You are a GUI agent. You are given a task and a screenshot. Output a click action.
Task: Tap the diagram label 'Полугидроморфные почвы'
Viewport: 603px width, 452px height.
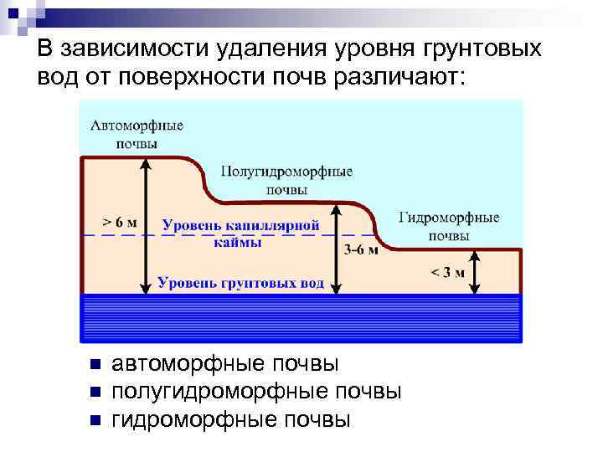[286, 180]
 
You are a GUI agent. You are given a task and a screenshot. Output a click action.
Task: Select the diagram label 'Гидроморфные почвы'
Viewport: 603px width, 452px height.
[449, 226]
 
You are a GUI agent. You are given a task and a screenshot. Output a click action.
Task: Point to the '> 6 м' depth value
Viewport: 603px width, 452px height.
[120, 223]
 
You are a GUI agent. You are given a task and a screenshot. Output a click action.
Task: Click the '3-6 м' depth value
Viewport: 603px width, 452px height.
[361, 249]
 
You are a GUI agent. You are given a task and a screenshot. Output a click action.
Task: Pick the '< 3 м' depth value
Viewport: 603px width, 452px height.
[447, 271]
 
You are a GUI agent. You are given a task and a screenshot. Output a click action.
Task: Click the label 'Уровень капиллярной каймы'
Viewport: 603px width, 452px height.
[240, 234]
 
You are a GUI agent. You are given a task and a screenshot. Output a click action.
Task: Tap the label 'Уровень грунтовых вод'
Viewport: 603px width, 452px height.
[240, 283]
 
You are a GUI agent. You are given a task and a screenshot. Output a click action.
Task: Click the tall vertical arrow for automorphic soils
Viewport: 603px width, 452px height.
[147, 226]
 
